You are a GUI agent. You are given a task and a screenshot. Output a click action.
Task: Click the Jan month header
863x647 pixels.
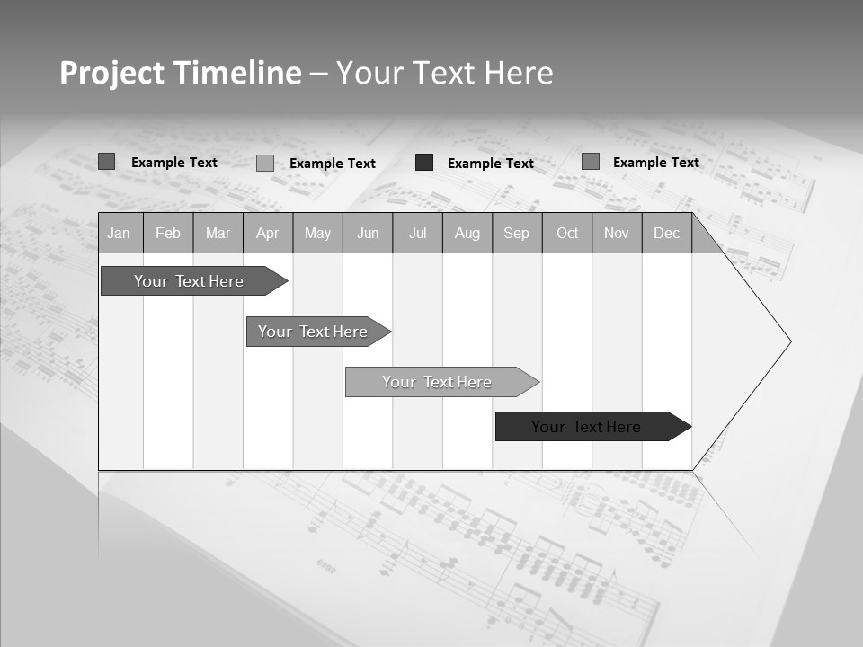point(119,233)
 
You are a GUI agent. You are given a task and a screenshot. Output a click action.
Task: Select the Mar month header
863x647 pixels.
point(218,233)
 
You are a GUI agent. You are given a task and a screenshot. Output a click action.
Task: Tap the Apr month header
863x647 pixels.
point(267,233)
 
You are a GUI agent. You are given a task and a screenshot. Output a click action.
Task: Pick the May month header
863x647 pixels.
point(317,233)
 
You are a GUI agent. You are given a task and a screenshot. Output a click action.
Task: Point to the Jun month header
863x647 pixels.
point(368,233)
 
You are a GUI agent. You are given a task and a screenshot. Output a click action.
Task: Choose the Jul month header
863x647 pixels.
point(417,233)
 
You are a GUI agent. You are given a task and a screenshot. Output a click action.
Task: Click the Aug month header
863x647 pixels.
point(467,233)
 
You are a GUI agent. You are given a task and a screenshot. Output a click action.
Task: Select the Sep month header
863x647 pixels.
point(516,233)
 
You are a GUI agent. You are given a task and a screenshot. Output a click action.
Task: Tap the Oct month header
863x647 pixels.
point(567,233)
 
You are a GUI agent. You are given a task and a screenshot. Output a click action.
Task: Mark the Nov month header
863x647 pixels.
point(617,233)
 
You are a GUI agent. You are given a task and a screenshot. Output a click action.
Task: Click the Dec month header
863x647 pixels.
point(666,233)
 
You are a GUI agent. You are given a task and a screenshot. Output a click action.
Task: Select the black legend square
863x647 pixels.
point(424,163)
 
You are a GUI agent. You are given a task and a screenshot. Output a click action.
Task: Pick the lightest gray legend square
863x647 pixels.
point(265,163)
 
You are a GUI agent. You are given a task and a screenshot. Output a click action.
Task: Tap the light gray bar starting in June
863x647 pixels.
point(438,382)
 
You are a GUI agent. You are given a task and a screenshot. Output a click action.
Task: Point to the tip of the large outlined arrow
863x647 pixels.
point(790,341)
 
